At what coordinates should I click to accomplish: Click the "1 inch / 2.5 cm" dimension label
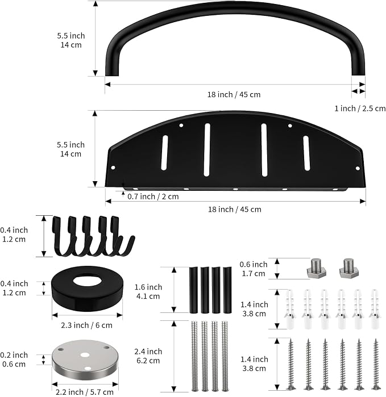click(360, 108)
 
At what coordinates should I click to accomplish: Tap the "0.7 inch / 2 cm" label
click(153, 197)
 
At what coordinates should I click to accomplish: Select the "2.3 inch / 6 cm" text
click(86, 325)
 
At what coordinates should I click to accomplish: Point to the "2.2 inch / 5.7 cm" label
click(85, 392)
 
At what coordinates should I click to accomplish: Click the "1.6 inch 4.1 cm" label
click(148, 292)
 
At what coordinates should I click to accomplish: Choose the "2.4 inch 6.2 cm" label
click(148, 356)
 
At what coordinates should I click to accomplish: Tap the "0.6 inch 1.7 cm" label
click(254, 269)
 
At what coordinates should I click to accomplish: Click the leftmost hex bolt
click(316, 268)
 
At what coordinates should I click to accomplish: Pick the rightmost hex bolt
click(349, 268)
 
